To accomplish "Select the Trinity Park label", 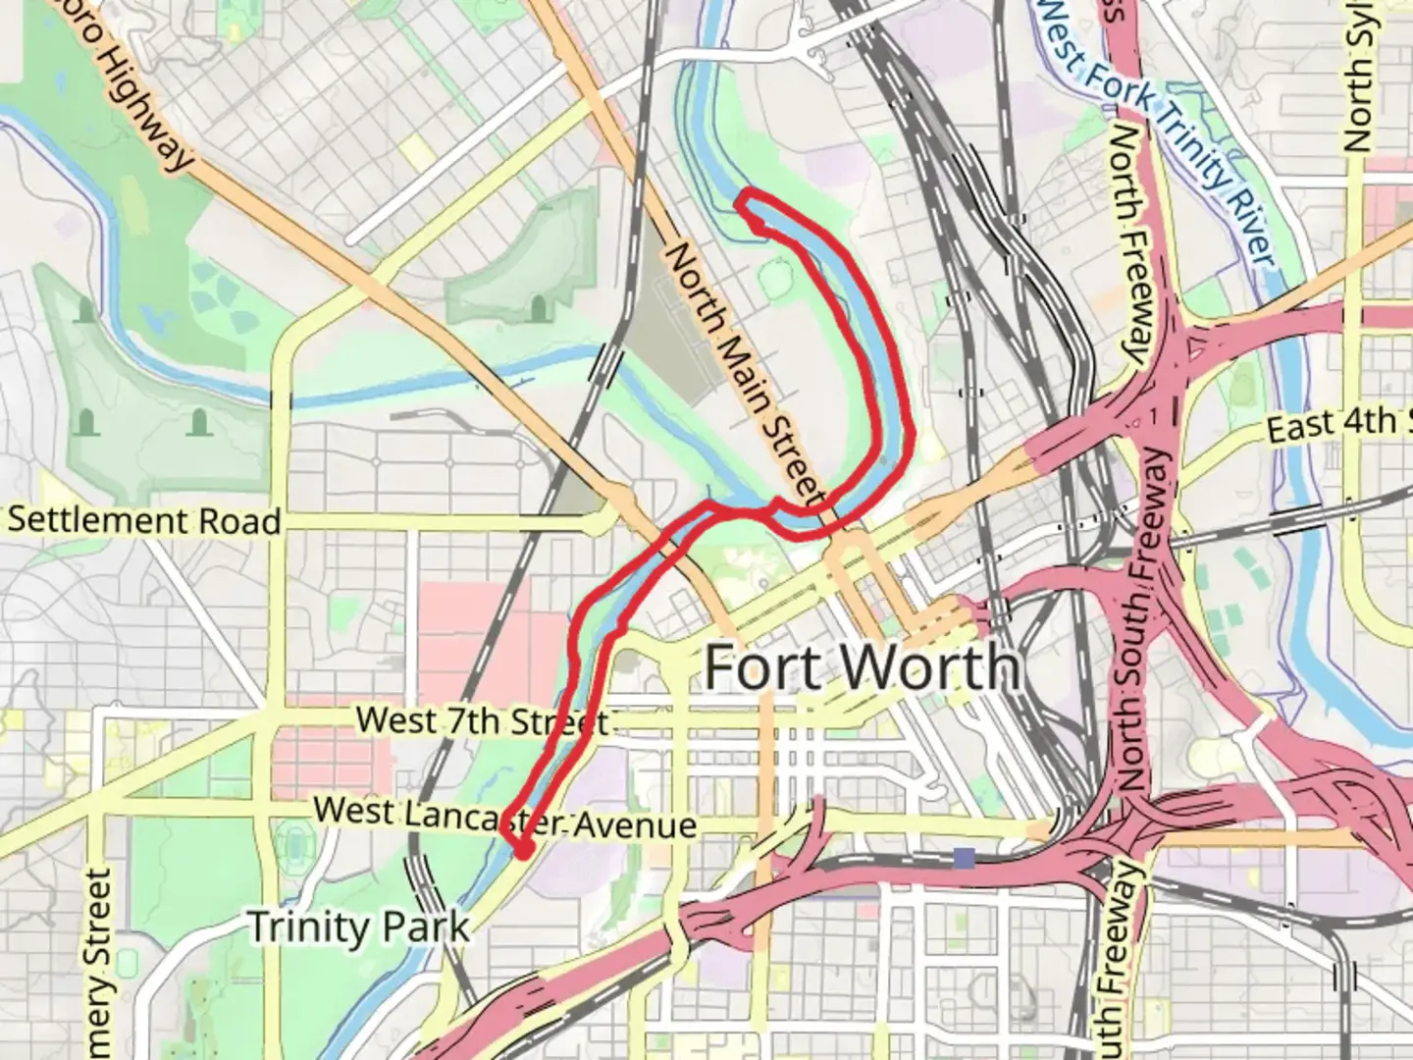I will click(x=358, y=927).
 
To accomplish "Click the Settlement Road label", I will click(x=144, y=520).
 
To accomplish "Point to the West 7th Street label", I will click(x=481, y=721).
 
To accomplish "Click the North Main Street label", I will click(x=746, y=373).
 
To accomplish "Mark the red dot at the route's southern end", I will click(x=524, y=850).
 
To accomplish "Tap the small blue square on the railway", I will click(x=965, y=859).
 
